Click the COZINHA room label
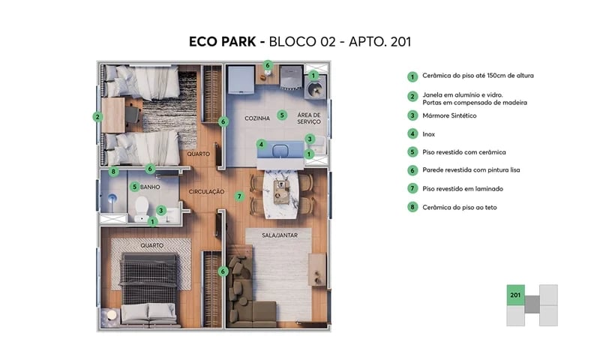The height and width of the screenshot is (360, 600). (257, 119)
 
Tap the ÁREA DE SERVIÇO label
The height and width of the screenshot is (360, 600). (309, 118)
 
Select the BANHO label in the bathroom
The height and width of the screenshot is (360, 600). (151, 187)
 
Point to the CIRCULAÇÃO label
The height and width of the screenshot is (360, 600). (206, 192)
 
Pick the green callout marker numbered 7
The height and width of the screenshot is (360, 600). (239, 196)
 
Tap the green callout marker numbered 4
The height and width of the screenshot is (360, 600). (261, 144)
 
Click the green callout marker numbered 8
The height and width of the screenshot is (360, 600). (113, 171)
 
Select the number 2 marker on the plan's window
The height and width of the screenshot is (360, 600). (97, 116)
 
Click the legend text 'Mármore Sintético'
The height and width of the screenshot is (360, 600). (449, 115)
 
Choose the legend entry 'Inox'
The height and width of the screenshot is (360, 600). (429, 134)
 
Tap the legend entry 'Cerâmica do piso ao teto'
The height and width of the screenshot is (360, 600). (460, 207)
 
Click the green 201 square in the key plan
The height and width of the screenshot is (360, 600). (515, 295)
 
